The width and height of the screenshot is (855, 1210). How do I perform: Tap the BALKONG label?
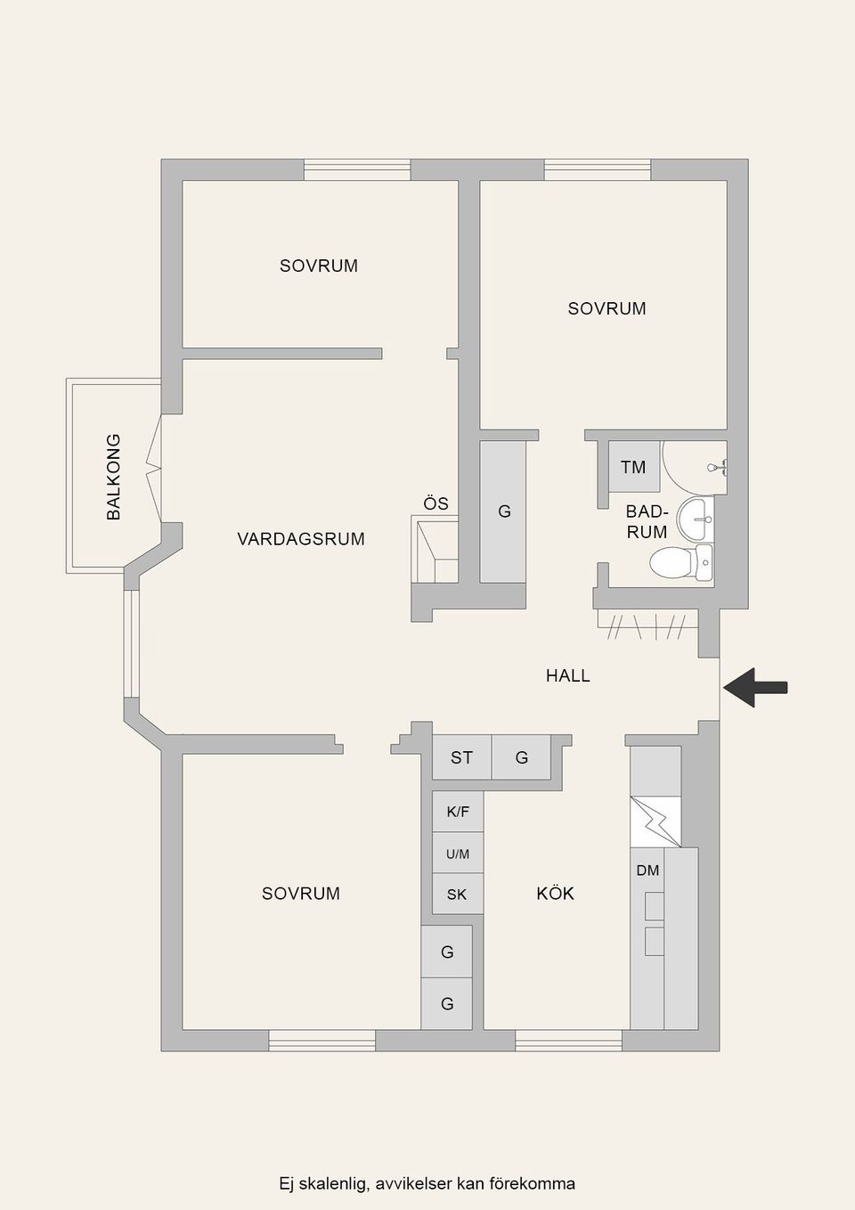(x=113, y=477)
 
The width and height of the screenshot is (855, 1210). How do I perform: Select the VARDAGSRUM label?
(x=301, y=539)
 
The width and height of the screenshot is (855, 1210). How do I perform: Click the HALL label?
(x=567, y=676)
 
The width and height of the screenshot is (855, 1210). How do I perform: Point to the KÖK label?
(x=555, y=894)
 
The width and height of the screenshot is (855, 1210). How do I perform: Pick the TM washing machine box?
(x=633, y=467)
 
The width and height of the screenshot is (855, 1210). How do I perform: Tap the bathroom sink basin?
(x=695, y=518)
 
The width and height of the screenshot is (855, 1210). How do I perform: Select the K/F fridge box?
(x=458, y=812)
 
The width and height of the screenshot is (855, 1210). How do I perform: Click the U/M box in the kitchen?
(x=458, y=854)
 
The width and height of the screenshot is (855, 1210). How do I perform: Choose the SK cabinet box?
(x=457, y=895)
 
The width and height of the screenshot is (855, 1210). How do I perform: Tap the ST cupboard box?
(x=461, y=758)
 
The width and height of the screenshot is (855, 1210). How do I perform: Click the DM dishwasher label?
(x=647, y=871)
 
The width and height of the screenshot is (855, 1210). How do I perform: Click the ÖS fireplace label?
(x=436, y=504)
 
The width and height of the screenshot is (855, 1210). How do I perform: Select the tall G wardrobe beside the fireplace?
(x=503, y=511)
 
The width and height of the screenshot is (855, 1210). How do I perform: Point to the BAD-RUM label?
(x=647, y=522)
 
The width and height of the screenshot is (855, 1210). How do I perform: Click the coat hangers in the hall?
(x=646, y=626)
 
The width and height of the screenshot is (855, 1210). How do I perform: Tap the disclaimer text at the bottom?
(x=427, y=1184)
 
